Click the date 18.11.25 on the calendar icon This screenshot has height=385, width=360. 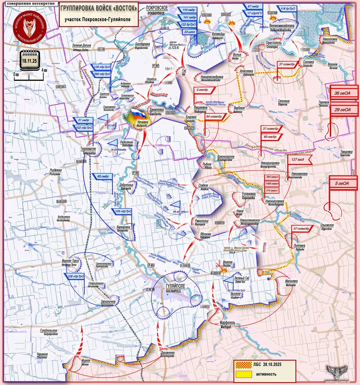coord(30,61)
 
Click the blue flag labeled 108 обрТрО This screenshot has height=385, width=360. coord(75,276)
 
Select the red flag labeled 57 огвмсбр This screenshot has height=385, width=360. coord(301,229)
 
